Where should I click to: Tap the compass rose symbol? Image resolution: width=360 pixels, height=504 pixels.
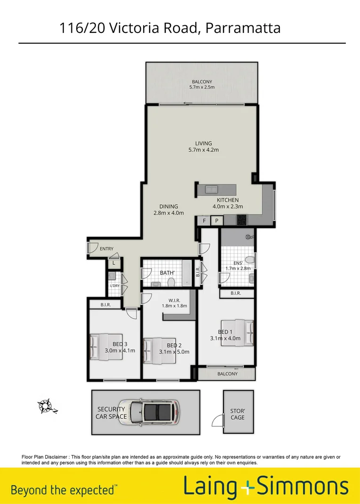click(46, 405)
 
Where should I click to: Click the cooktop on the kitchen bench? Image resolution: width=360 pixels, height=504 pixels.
click(242, 220)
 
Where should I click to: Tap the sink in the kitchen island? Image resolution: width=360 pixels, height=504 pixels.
click(211, 190)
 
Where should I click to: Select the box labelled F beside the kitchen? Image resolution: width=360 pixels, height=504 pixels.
click(204, 220)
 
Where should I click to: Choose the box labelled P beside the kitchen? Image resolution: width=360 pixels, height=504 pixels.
click(217, 220)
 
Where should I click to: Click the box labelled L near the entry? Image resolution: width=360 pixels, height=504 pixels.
click(114, 264)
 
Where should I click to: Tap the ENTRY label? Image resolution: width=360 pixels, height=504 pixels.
click(106, 248)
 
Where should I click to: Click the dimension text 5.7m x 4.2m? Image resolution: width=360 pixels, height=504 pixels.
click(204, 150)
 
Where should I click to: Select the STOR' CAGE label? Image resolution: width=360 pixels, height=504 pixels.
click(238, 414)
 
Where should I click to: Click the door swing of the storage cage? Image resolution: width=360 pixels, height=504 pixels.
click(217, 420)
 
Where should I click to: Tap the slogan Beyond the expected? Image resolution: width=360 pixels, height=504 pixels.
click(63, 490)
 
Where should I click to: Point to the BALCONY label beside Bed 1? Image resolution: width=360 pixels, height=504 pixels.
click(227, 374)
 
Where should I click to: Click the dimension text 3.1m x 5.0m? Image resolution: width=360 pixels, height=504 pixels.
click(174, 352)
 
